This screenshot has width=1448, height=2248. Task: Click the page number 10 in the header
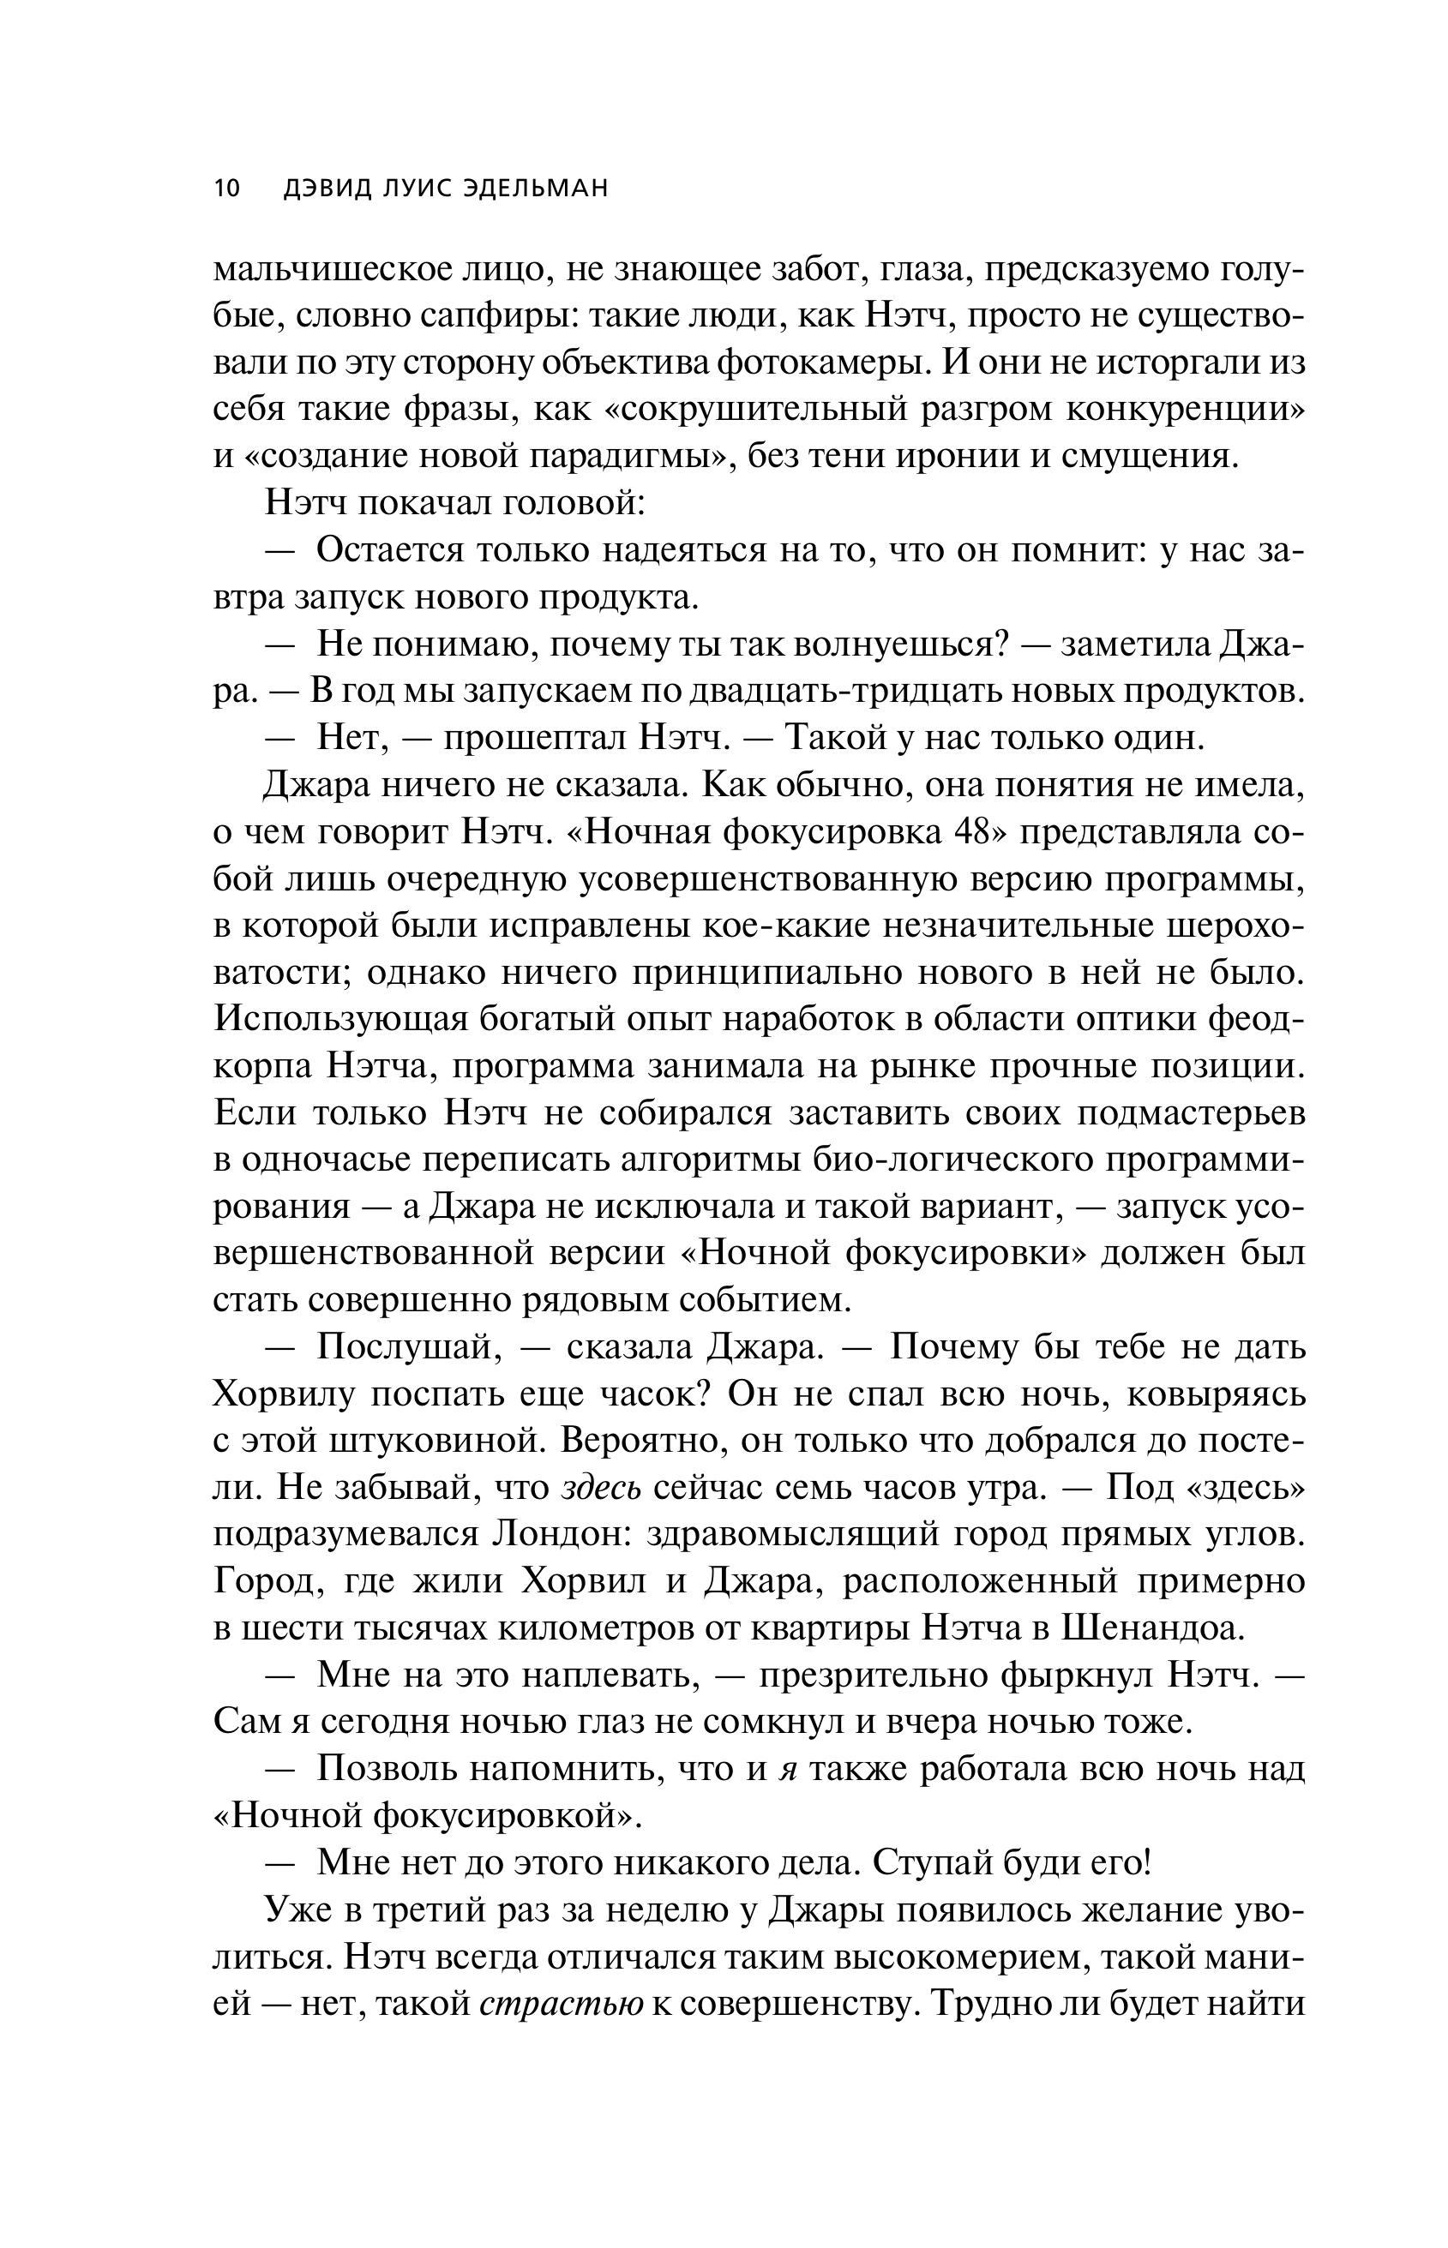pos(227,188)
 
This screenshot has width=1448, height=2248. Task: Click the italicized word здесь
pos(602,1489)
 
